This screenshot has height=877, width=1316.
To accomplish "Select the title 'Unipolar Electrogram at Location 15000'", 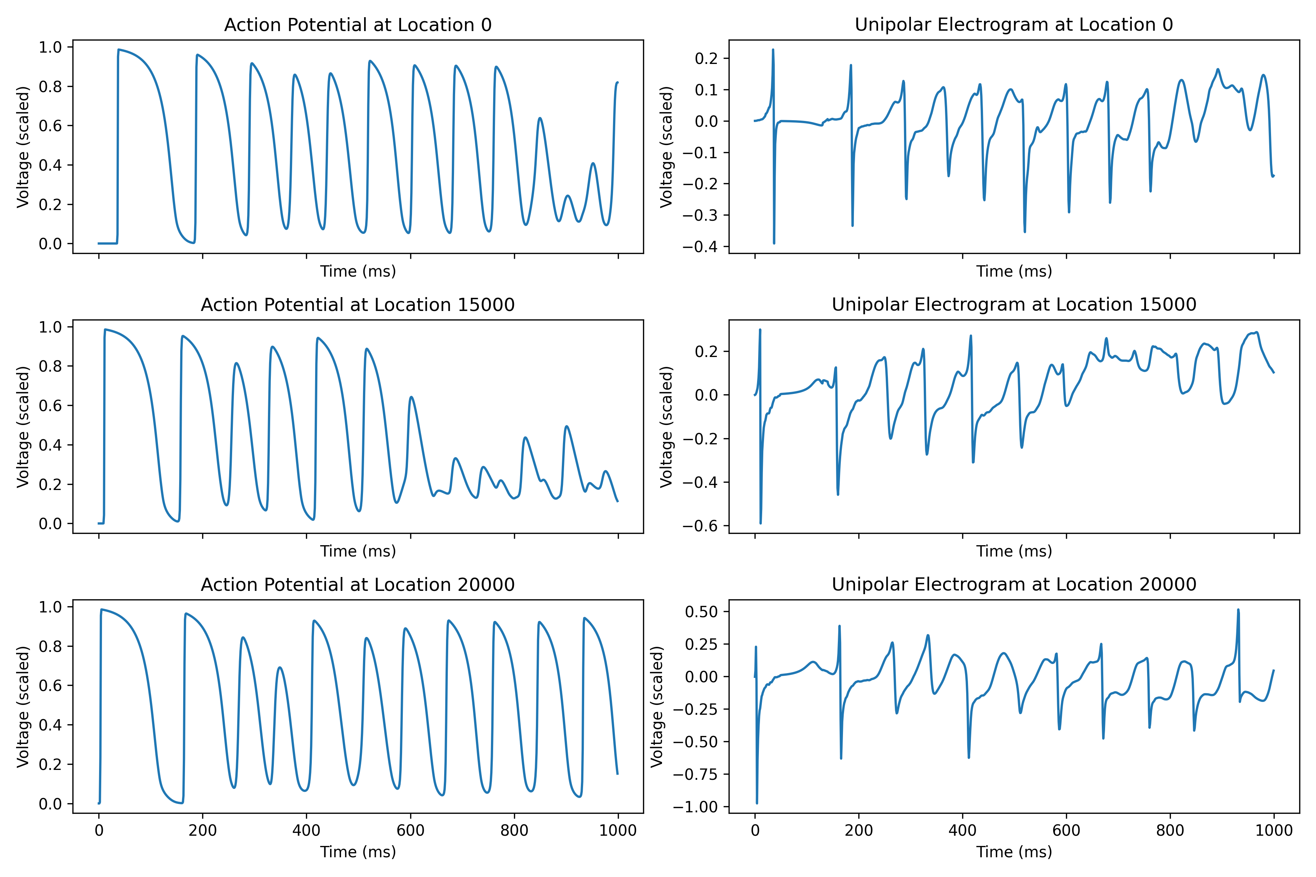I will pyautogui.click(x=1013, y=305).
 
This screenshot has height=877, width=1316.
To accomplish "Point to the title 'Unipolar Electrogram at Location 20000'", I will pyautogui.click(x=1013, y=584).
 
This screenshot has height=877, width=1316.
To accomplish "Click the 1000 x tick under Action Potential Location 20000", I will pyautogui.click(x=618, y=830).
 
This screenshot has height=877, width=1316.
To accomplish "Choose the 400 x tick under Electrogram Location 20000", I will pyautogui.click(x=963, y=830).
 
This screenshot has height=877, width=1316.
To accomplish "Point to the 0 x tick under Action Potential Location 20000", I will pyautogui.click(x=99, y=830).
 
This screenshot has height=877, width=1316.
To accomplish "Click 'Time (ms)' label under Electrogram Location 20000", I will pyautogui.click(x=1013, y=852).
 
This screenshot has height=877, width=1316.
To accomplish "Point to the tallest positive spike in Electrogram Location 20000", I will pyautogui.click(x=1238, y=610).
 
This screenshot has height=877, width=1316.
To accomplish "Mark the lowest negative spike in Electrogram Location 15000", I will pyautogui.click(x=760, y=523).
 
